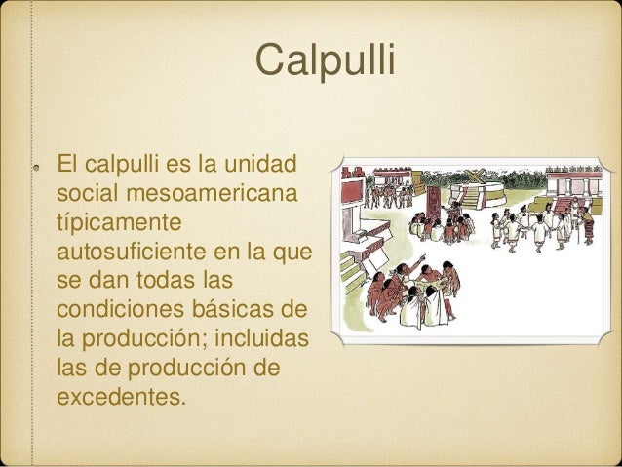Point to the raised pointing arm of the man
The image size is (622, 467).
point(422,264)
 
